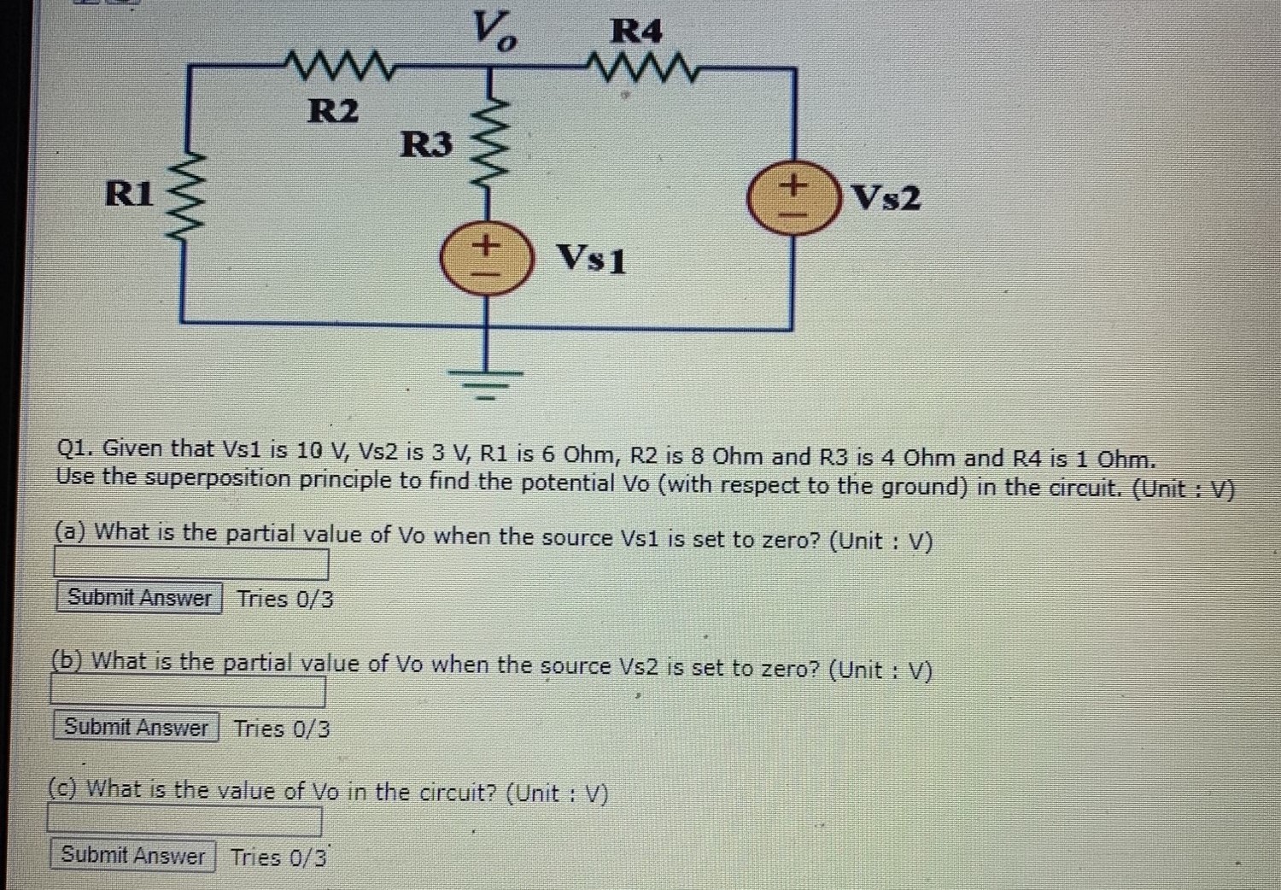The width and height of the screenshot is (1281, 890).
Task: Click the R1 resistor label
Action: [x=129, y=194]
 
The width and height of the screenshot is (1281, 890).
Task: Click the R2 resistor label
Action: [x=333, y=111]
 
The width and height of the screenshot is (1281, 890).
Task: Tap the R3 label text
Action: [x=426, y=143]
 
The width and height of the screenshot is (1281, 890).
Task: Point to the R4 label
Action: [x=636, y=32]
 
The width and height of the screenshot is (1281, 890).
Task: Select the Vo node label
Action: [x=494, y=32]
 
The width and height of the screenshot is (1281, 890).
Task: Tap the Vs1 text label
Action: [x=591, y=258]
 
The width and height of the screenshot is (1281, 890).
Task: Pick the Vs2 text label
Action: [x=887, y=198]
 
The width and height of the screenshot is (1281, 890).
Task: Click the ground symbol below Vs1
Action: [x=487, y=381]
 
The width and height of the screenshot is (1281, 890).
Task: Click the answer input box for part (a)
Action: [x=191, y=564]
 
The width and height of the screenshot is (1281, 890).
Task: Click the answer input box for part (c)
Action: [x=184, y=821]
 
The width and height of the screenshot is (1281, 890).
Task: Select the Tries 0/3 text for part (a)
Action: [x=285, y=599]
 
